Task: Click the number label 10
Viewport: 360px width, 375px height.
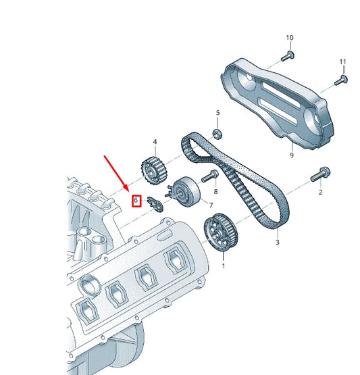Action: coord(290,37)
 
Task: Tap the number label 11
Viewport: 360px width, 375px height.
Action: coord(342,62)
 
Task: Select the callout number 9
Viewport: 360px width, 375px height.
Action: coord(292,155)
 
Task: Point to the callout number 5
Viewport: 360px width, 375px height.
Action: coord(217,112)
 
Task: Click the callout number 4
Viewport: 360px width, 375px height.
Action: coord(155,142)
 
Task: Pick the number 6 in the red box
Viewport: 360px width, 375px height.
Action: coord(136,200)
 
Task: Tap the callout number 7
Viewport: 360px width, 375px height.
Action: coord(211,205)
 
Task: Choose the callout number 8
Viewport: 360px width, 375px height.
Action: coord(215,192)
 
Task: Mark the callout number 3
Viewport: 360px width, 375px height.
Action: coord(277,241)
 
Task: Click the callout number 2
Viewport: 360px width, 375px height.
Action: coord(320,193)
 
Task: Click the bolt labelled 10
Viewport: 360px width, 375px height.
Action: coord(289,55)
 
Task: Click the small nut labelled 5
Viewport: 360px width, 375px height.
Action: coord(217,132)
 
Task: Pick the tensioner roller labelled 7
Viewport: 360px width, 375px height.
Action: coord(184,191)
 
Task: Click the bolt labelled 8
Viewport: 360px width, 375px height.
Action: coord(208,177)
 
